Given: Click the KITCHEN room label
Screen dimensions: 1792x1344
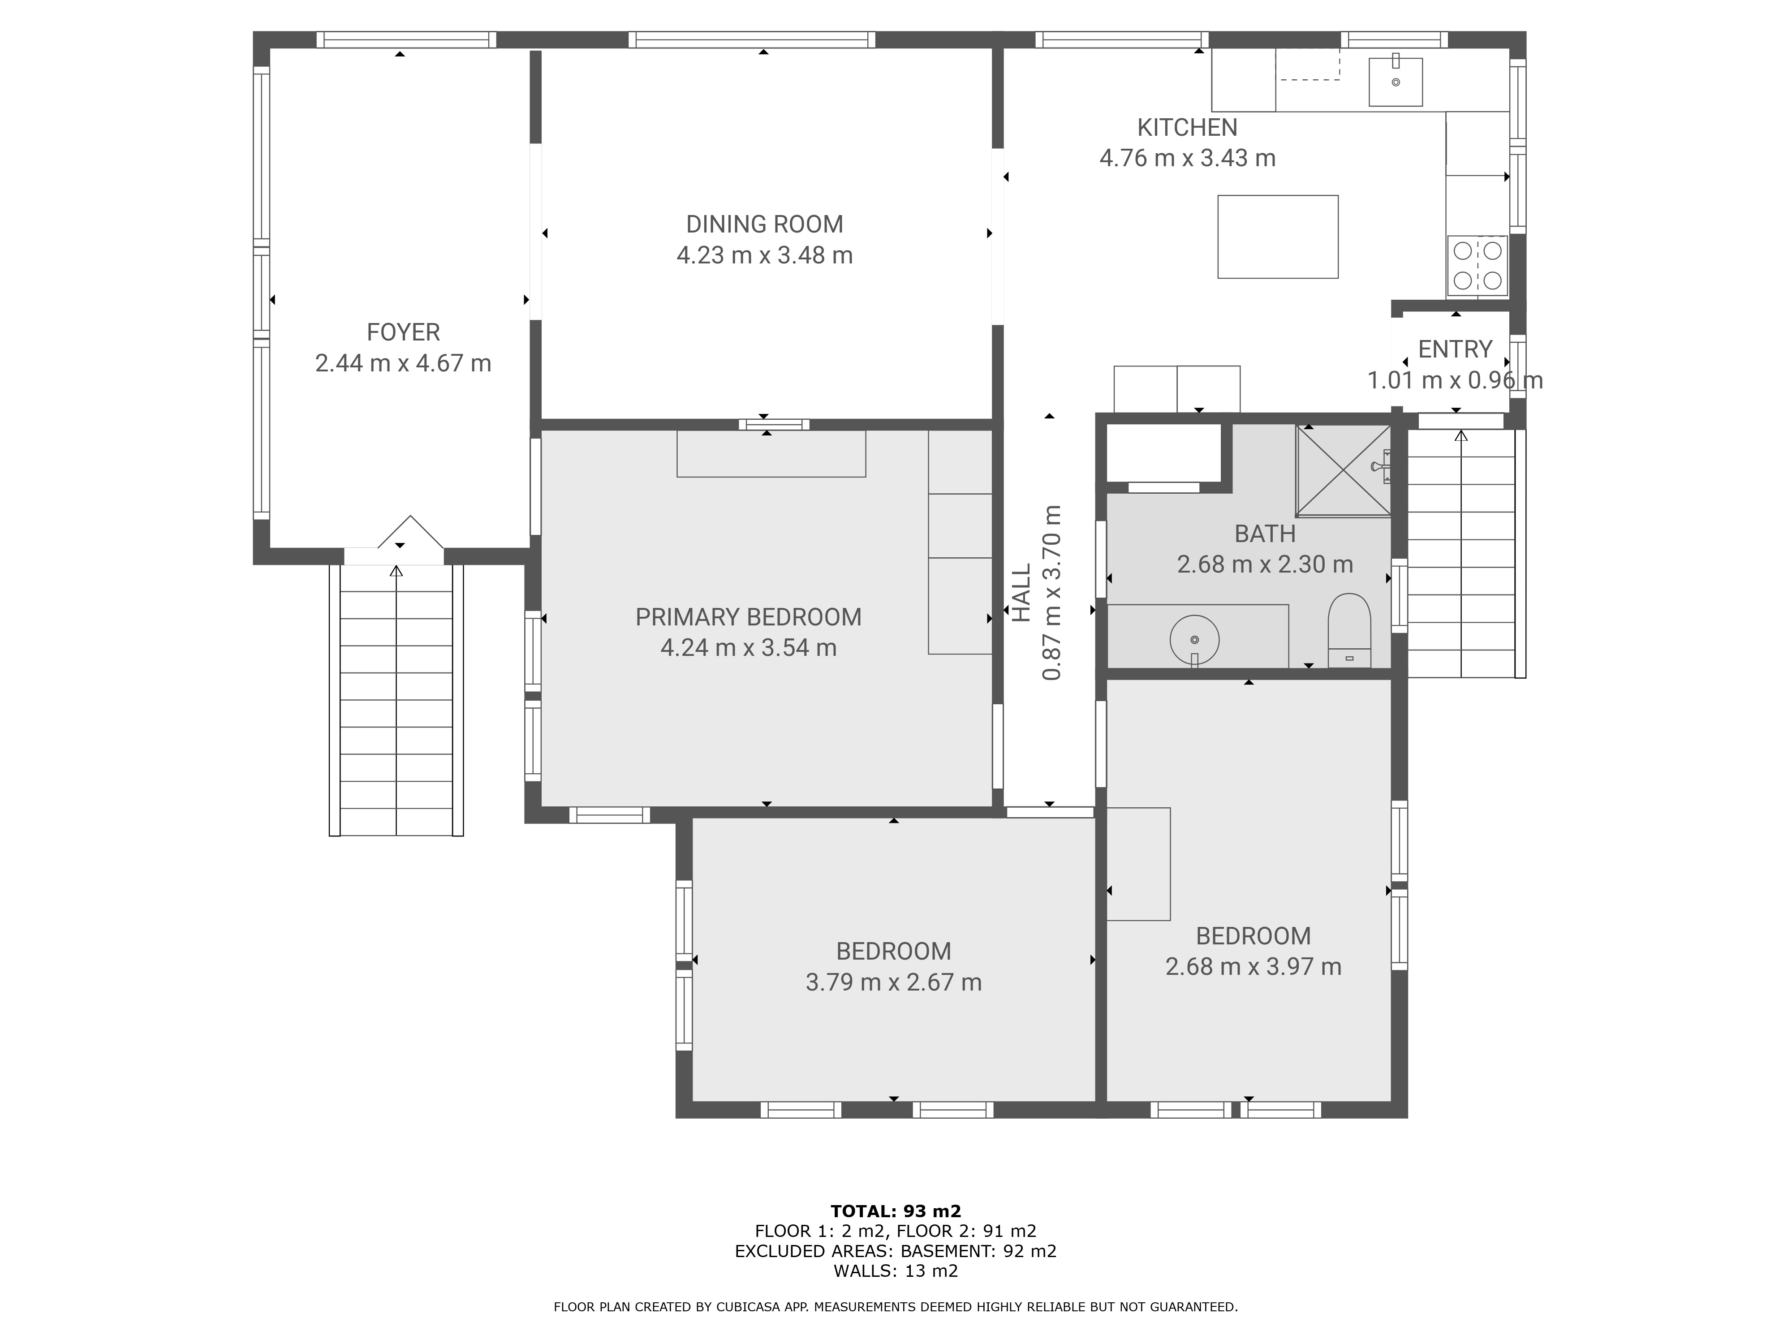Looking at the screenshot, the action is click(1187, 127).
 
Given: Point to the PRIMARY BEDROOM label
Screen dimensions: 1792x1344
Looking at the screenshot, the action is click(748, 617).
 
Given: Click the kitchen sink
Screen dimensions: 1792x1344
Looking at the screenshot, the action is click(1395, 82).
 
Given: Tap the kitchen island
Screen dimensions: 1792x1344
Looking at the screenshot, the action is click(1278, 237).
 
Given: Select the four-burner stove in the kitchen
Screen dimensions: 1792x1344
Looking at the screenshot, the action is click(1477, 265).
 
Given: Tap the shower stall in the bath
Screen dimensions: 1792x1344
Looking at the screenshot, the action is click(1343, 471).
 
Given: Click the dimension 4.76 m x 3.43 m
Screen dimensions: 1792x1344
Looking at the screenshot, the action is click(1187, 158).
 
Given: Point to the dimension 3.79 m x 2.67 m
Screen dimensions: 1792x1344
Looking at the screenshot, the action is click(894, 982).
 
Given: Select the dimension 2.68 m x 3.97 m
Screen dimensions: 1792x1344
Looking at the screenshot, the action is click(1253, 966).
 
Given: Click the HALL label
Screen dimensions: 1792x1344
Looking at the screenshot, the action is click(1022, 593).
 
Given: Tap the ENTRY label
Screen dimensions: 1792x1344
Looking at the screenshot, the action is click(1455, 349).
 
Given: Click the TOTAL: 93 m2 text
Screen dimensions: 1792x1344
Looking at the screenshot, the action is click(896, 1211).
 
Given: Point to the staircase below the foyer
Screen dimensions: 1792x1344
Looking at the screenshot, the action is click(396, 700).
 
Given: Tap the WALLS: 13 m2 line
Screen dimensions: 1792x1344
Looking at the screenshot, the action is click(896, 1270).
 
